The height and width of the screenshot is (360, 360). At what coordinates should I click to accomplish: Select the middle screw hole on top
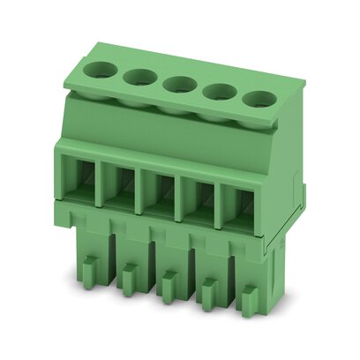coord(180,84)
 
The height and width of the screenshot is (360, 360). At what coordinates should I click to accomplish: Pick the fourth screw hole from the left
coord(221,91)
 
